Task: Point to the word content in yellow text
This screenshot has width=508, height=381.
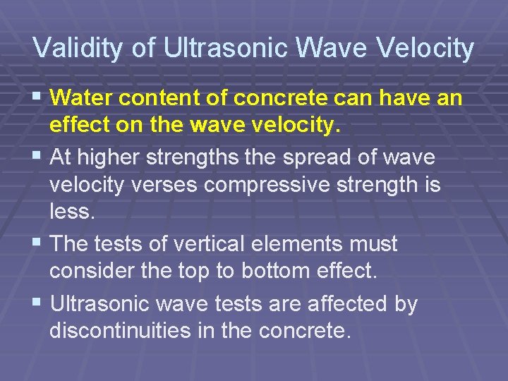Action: click(160, 97)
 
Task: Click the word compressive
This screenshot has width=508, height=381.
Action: click(279, 186)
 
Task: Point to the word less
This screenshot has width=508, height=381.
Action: click(69, 212)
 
